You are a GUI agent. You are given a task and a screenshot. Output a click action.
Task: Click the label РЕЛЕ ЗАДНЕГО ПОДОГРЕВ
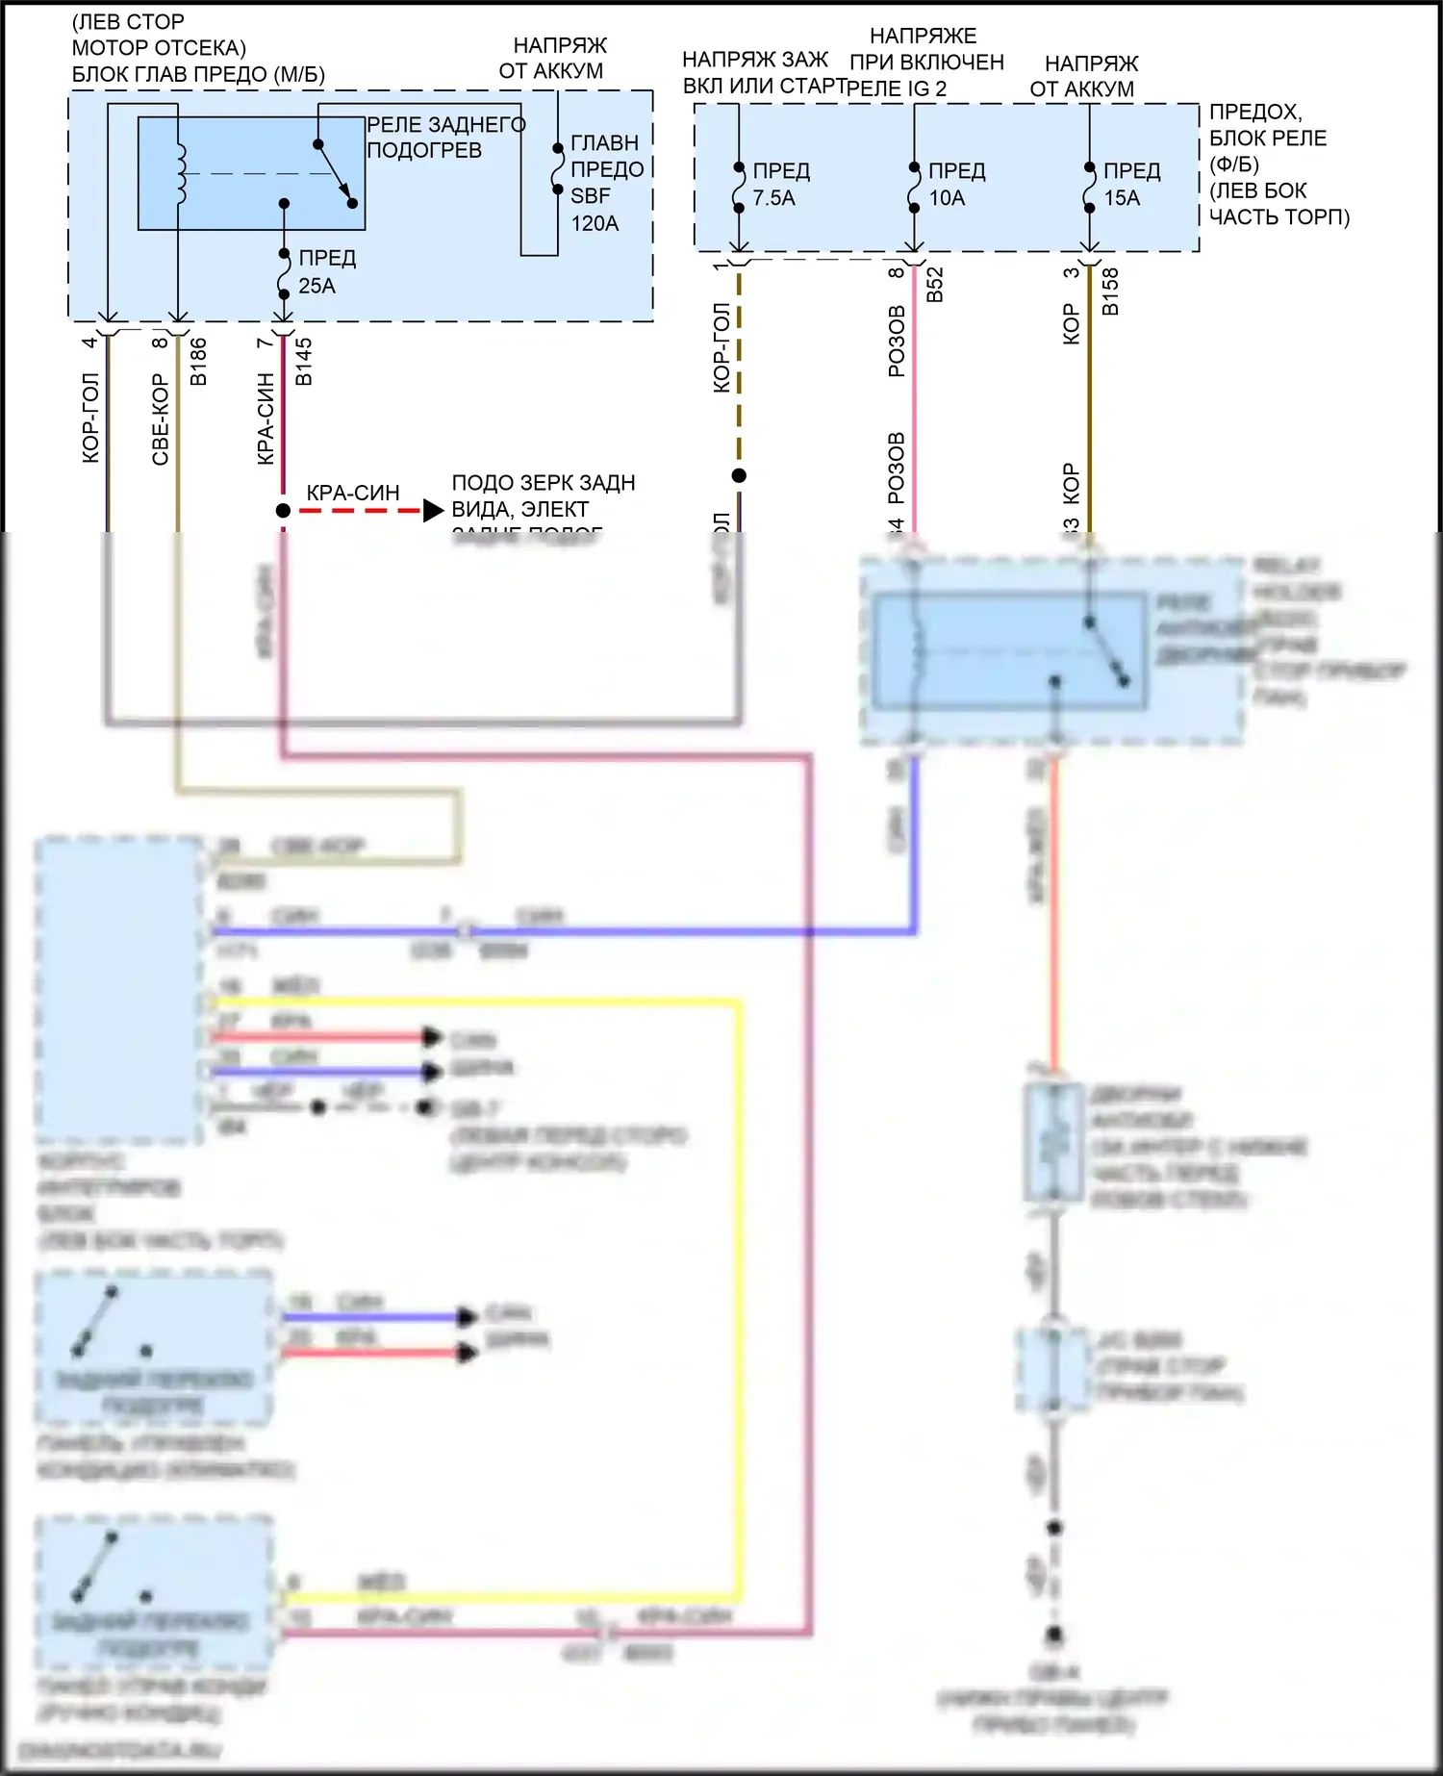point(445,138)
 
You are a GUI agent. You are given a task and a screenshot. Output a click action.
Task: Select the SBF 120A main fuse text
point(595,210)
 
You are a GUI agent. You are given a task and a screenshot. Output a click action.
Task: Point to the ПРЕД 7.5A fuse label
point(780,184)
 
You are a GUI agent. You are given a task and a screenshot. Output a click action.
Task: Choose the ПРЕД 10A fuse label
point(955,184)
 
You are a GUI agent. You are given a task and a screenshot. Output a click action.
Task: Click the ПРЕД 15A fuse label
point(1130,184)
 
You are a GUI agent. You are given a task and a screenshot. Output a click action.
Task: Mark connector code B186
point(198,362)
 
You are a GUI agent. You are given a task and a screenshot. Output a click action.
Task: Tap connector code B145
point(303,362)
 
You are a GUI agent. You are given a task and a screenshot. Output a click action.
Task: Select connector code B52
point(934,285)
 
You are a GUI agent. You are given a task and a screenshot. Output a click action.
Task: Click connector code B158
point(1109,292)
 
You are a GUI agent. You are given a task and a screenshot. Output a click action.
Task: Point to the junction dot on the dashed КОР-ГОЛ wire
point(739,475)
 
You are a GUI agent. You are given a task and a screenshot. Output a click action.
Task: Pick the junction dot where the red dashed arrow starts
point(283,511)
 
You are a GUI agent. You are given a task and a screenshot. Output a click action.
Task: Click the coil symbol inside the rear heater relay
point(179,174)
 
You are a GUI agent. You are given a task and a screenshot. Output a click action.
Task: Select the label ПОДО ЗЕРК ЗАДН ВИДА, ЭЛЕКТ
point(543,495)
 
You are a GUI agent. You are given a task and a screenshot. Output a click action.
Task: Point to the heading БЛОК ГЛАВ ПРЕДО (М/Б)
point(198,74)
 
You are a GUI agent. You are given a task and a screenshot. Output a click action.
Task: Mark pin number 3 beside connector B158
point(1072,273)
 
